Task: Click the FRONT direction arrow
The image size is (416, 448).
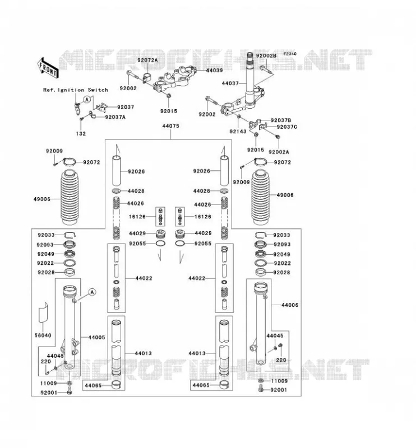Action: tap(48, 68)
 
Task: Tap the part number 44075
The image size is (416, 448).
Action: tap(170, 126)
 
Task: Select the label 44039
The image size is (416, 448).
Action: tap(214, 70)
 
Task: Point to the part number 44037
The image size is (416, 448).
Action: tap(230, 83)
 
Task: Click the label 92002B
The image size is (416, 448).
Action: tap(266, 55)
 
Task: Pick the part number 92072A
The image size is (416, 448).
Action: tap(147, 60)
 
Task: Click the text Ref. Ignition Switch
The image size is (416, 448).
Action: tap(76, 90)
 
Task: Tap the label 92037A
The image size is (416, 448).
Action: tap(115, 117)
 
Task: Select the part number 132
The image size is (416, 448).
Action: tap(81, 134)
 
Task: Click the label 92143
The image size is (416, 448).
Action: tap(238, 132)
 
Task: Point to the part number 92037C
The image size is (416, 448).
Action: tap(287, 127)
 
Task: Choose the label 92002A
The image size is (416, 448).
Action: tap(279, 152)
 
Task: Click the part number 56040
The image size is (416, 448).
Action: tap(43, 335)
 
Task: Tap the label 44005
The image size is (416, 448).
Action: tap(96, 338)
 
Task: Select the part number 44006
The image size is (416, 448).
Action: tap(290, 305)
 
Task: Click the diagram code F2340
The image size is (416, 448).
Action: tap(290, 54)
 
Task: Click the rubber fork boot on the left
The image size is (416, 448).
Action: tap(70, 197)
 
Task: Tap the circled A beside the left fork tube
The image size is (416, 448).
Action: tap(92, 292)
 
